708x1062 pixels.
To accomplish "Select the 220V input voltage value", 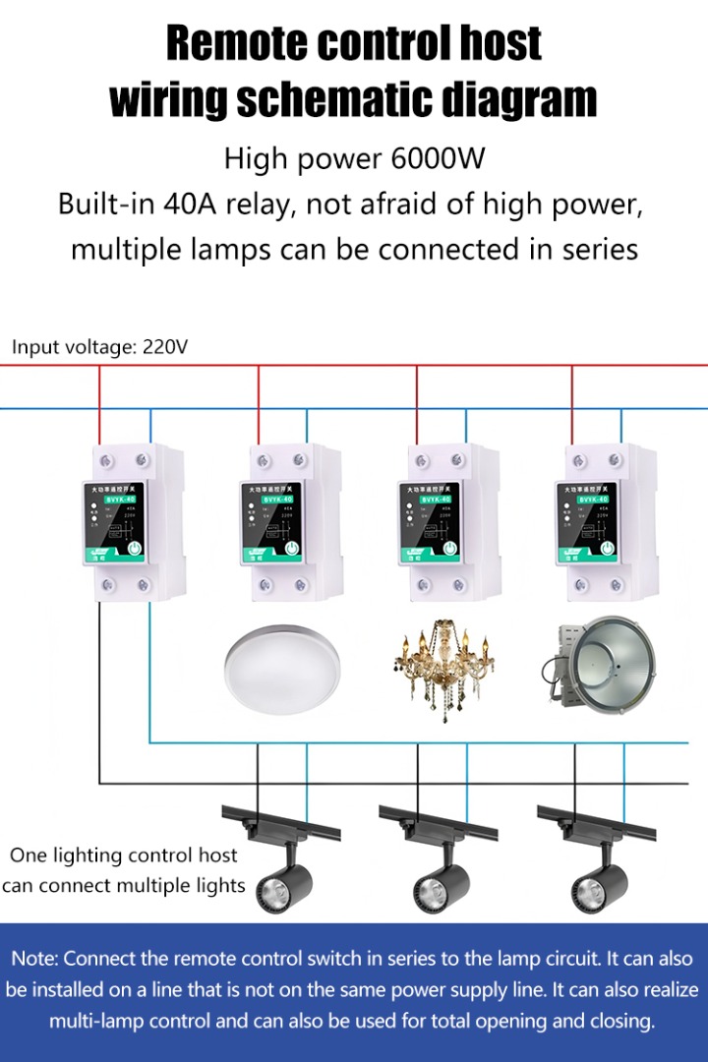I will point(165,346).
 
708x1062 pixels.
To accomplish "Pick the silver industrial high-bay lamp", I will point(596,663).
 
